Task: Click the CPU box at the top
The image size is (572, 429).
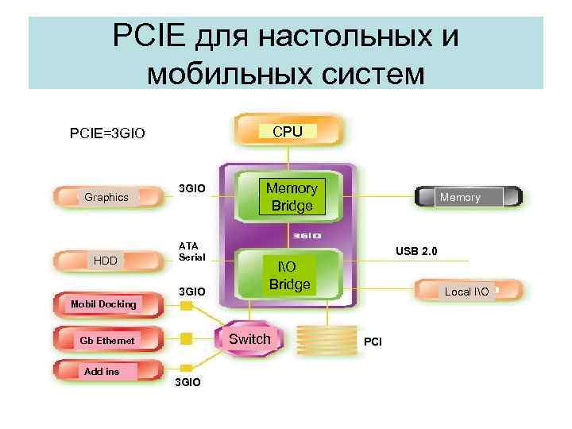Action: click(288, 132)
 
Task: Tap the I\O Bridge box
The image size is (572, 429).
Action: click(289, 274)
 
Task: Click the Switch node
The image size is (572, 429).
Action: click(249, 340)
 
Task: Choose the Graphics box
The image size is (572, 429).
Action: click(106, 197)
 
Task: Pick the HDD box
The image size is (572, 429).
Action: click(105, 261)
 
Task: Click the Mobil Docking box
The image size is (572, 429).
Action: click(103, 304)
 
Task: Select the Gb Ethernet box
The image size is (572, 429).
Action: click(106, 341)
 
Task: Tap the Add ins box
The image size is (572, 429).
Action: click(101, 372)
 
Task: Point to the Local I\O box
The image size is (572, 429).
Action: click(467, 292)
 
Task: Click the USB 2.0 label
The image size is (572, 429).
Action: click(415, 252)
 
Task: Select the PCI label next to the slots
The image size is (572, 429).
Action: click(373, 342)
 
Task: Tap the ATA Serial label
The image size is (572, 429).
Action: click(191, 251)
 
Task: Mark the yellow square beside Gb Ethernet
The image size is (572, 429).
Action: click(187, 338)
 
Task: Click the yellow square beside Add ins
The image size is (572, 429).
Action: click(187, 367)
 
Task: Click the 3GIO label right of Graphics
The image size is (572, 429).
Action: click(191, 188)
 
